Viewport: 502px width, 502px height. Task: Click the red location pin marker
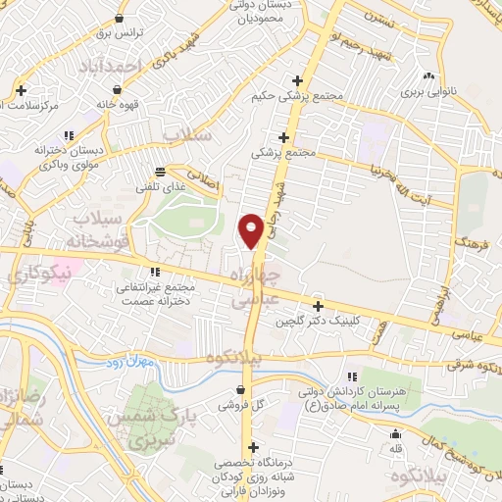pos(252,229)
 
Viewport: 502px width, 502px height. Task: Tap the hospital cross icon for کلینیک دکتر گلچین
pos(316,306)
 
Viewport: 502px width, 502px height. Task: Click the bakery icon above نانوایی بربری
pos(428,76)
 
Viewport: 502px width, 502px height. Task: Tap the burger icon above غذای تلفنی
pos(160,171)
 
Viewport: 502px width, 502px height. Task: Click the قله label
pos(396,449)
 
